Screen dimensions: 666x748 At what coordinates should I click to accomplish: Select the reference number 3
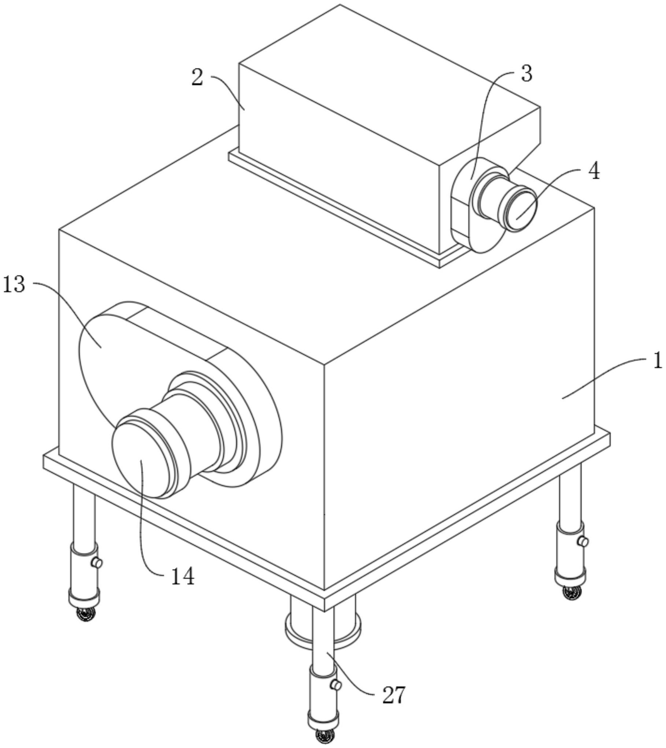[526, 74]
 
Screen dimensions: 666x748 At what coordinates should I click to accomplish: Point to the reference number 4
[594, 170]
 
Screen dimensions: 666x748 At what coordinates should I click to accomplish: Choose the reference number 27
[394, 696]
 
